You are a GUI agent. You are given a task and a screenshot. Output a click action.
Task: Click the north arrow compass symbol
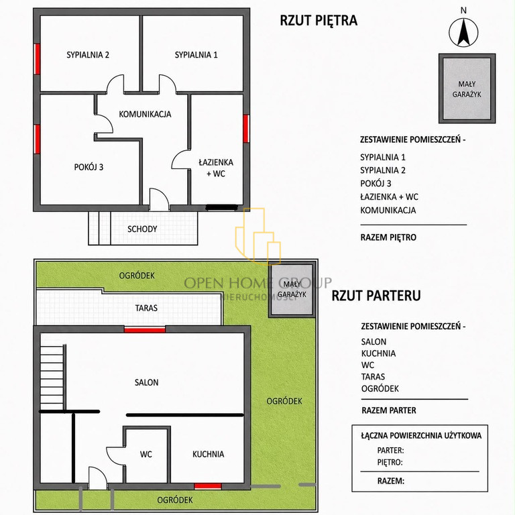coord(463,32)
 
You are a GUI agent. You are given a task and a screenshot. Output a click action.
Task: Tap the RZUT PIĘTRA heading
coord(319,20)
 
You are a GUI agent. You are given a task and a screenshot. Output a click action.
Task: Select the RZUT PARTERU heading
coord(376,296)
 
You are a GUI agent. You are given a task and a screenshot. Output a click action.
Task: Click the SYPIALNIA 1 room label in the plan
coord(196,55)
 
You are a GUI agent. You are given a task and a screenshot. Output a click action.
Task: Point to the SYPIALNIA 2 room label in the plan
coord(88,55)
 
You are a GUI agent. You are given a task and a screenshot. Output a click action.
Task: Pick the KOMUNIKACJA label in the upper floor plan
coord(145,114)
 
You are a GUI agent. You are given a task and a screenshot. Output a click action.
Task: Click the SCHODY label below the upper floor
coord(142,229)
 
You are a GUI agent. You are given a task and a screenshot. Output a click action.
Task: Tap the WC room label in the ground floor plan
coord(146,454)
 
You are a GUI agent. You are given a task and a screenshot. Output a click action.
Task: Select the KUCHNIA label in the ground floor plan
coord(209,454)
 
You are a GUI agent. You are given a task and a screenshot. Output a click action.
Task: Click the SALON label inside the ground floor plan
coord(146,382)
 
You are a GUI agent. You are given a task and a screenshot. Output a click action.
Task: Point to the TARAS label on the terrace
coord(146,308)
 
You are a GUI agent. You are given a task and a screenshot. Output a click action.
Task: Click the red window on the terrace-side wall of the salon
coord(145,329)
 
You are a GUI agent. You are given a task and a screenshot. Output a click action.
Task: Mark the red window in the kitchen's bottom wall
coord(208,485)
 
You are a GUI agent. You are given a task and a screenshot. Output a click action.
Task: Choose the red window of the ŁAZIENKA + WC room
coord(246,129)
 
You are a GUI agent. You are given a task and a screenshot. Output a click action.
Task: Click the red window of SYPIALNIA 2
coord(37,59)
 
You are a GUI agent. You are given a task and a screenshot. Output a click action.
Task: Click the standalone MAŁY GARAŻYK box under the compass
coord(467,89)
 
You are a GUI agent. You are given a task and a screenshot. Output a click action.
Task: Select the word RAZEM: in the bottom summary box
coord(391,481)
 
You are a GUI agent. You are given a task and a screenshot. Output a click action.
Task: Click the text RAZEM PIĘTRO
coord(388,237)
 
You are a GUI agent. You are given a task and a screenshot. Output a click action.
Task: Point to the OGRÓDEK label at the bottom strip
coord(175,500)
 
